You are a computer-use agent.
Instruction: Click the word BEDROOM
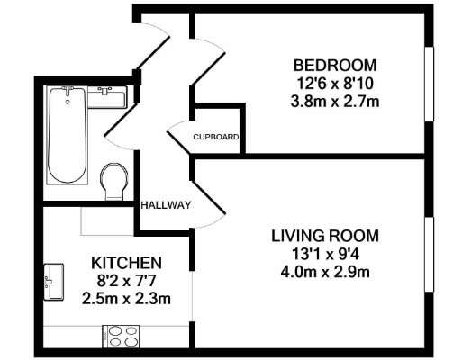(335, 66)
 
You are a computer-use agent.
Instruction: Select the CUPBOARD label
(216, 138)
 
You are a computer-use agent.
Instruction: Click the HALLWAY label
(166, 205)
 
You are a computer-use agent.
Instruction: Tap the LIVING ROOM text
(325, 236)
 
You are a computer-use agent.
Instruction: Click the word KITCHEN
(126, 263)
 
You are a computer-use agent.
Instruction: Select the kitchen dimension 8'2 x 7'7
(126, 280)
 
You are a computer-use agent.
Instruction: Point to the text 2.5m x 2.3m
(126, 297)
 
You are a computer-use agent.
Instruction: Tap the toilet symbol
(114, 180)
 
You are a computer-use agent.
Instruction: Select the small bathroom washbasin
(106, 95)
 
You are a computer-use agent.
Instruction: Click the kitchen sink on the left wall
(53, 280)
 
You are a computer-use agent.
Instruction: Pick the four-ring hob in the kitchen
(123, 336)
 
